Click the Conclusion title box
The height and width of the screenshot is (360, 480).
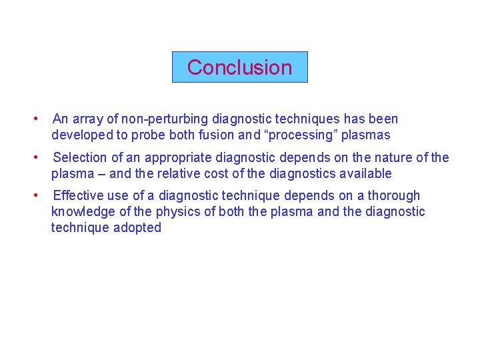240,67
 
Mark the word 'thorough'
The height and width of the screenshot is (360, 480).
394,196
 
